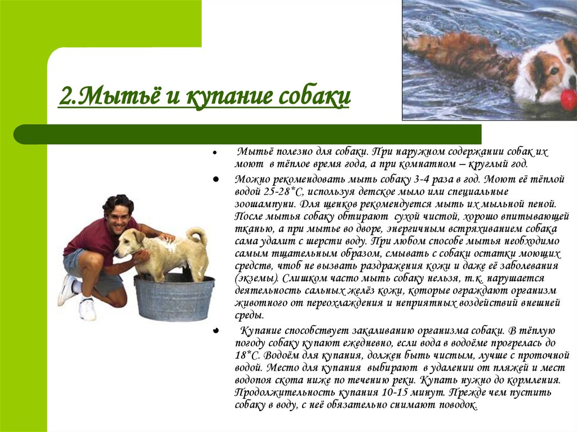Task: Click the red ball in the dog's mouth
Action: [568, 97]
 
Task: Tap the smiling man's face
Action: [119, 217]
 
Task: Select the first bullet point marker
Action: [214, 152]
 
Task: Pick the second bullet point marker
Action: [216, 180]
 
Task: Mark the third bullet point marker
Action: [216, 331]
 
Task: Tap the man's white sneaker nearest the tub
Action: [87, 309]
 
